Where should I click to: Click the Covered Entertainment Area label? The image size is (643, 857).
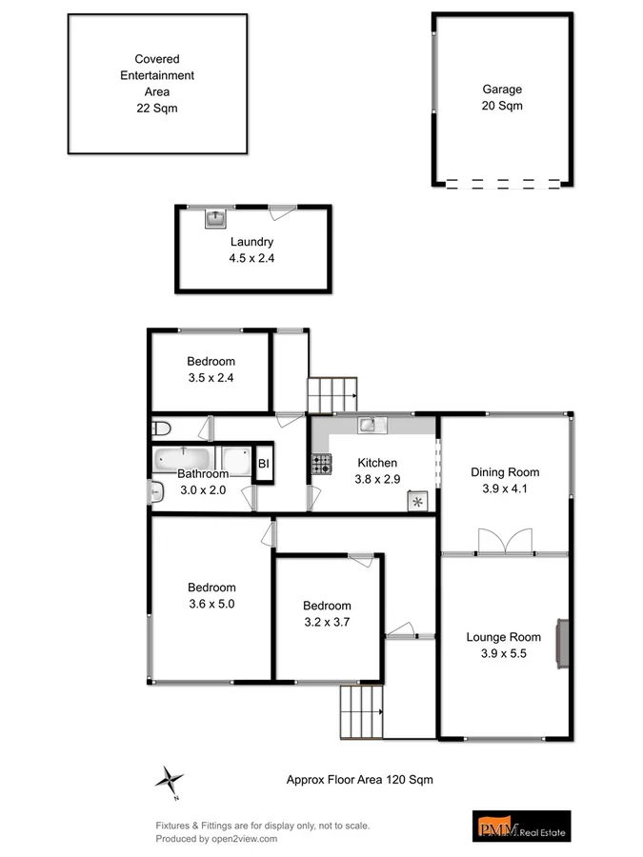156,83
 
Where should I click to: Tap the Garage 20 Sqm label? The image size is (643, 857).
501,98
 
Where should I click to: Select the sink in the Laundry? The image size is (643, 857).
216,218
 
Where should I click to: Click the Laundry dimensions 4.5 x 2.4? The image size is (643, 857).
251,258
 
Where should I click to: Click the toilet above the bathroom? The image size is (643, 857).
160,428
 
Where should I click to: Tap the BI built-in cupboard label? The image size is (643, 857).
263,464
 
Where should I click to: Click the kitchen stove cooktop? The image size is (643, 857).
321,464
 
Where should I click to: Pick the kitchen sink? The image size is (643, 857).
370,425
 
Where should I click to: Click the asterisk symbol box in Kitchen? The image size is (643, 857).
416,499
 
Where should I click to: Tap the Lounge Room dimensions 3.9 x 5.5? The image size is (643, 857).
503,654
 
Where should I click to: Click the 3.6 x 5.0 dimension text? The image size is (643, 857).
211,604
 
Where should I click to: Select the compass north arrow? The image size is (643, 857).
169,780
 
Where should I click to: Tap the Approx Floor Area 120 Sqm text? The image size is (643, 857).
360,779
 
